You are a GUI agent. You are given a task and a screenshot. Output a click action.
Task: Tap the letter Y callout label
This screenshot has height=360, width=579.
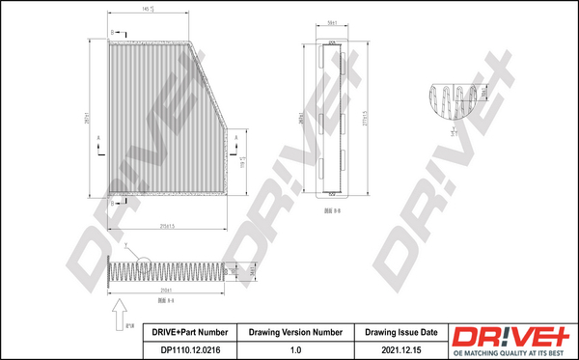click(125, 248)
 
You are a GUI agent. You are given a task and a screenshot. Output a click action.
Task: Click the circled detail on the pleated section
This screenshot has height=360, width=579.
click(144, 261)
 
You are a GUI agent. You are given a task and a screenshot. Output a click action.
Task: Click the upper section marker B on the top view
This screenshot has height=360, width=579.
click(111, 33)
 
